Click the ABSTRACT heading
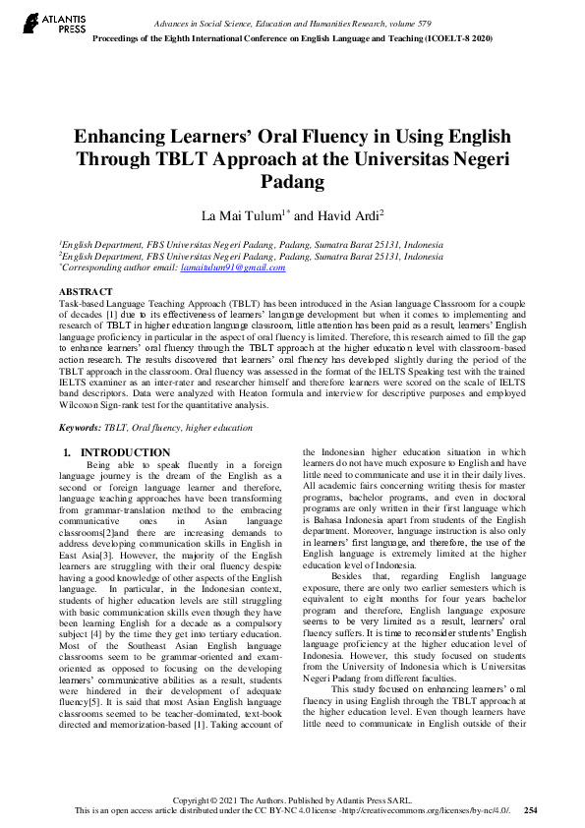click(x=86, y=292)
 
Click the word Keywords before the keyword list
click(x=81, y=428)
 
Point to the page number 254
click(x=531, y=810)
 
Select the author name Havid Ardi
click(x=351, y=215)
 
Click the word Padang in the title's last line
click(x=292, y=182)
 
